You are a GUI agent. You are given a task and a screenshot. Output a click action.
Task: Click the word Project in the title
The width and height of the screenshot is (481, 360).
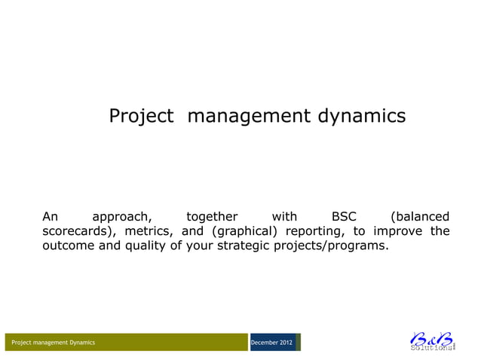point(142,117)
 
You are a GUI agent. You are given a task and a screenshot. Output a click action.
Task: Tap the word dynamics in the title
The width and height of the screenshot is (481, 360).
point(360,117)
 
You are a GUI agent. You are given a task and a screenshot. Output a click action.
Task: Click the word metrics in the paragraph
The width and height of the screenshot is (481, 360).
point(146,231)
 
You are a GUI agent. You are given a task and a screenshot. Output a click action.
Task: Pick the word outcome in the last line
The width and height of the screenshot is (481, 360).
point(68,246)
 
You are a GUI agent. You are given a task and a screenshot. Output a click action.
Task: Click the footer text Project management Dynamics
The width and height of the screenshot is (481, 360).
point(53,343)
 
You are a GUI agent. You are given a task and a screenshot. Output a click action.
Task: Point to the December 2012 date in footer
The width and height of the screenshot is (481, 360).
point(271,343)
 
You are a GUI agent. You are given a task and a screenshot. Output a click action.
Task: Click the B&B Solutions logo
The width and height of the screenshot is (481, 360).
point(432,340)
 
